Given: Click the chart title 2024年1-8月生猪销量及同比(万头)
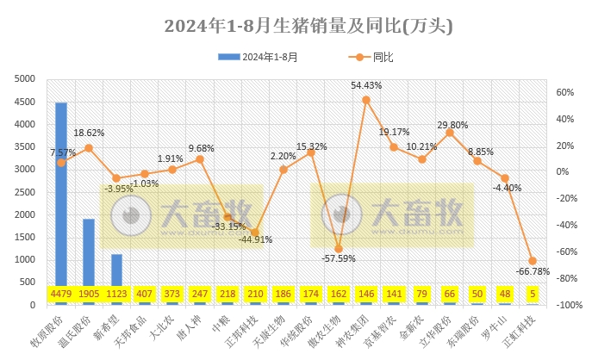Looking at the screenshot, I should click(x=296, y=26).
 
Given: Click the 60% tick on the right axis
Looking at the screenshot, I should click(x=566, y=92).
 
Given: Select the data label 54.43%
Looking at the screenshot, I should click(x=366, y=85).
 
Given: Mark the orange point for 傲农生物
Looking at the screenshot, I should click(x=338, y=249).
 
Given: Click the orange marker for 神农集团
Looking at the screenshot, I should click(x=366, y=100).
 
